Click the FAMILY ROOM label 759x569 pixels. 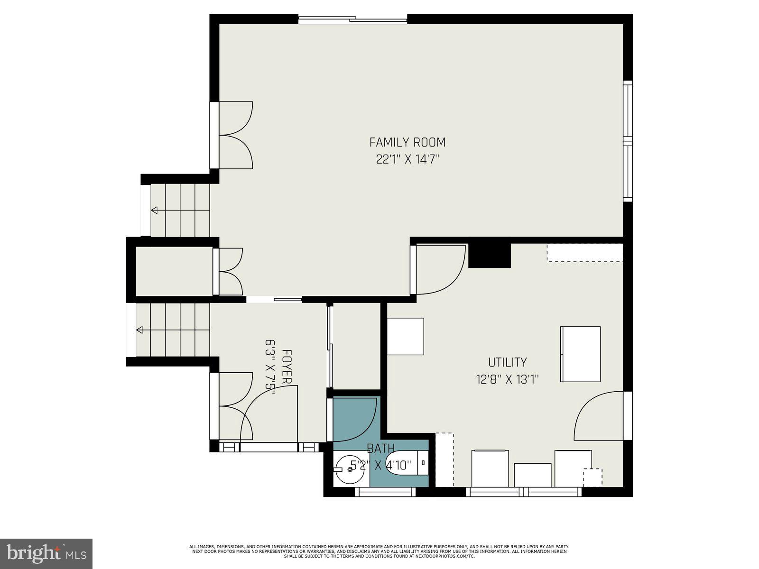coord(407,142)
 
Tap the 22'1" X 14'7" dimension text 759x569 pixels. coord(407,159)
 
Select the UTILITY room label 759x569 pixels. coord(507,362)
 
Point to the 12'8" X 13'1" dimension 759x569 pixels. coord(507,379)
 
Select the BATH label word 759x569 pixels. coord(380,448)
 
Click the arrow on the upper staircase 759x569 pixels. coord(155,210)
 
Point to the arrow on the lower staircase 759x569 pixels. coord(140,330)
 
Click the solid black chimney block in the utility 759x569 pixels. coord(489,256)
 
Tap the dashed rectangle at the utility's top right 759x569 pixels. coord(584,253)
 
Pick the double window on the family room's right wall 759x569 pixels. coord(628,141)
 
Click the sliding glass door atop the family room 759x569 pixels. coord(352,19)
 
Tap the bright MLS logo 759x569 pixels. coord(46,553)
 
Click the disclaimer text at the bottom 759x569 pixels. coord(379,551)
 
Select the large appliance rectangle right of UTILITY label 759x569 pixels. coord(580,354)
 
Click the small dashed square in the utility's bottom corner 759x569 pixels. coord(592,477)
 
